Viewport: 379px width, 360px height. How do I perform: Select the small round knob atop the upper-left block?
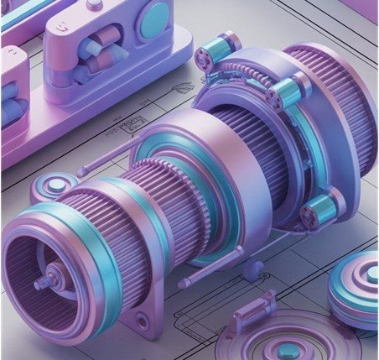93,4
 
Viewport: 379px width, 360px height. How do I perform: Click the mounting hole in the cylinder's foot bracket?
143,321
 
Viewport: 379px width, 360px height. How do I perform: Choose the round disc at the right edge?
354,290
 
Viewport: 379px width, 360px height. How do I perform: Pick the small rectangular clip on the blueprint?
252,316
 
